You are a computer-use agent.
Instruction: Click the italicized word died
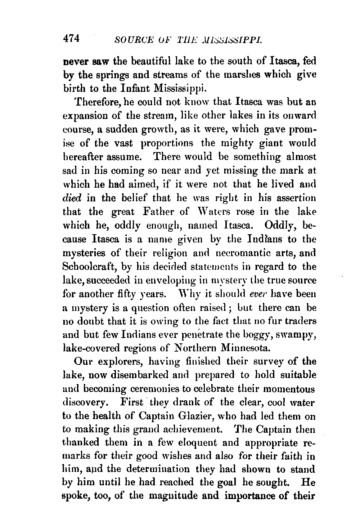pos(72,198)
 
